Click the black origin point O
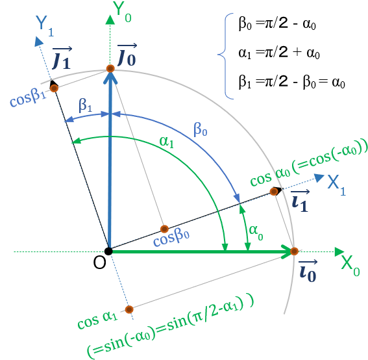[x=108, y=251]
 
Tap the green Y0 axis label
[x=121, y=12]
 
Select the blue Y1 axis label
[x=45, y=26]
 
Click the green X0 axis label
[x=350, y=266]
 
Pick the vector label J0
[x=127, y=55]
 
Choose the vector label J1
[x=62, y=58]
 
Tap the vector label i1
[x=300, y=201]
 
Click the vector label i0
[x=308, y=271]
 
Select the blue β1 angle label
[x=86, y=105]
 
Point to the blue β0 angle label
[x=200, y=130]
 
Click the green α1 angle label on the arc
[x=166, y=142]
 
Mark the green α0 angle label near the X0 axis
[x=256, y=233]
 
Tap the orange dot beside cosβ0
[x=164, y=229]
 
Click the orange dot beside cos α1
[x=129, y=309]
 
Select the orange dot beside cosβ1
[x=55, y=88]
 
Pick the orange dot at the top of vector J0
[x=110, y=69]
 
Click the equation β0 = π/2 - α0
[x=277, y=24]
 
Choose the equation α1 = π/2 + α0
[x=279, y=53]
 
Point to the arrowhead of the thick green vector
[x=288, y=251]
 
